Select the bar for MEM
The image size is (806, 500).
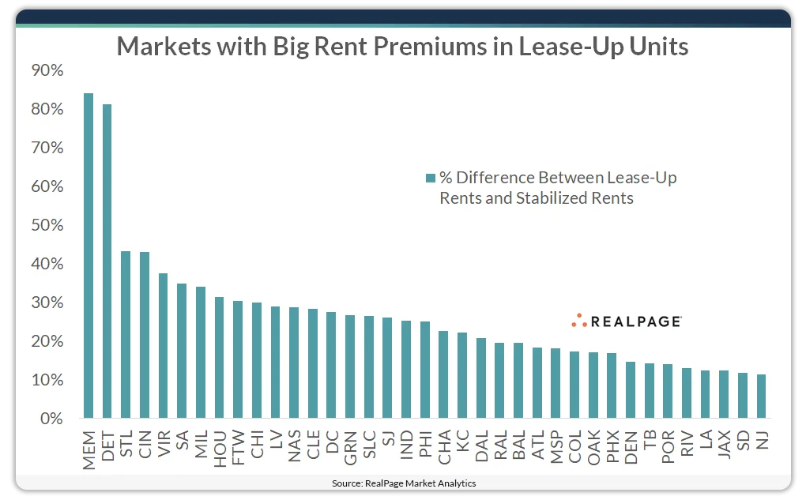point(89,256)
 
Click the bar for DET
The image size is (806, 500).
point(107,261)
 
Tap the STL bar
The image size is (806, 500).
point(126,335)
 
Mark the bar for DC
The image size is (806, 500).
point(331,365)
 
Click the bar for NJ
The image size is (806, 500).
point(762,397)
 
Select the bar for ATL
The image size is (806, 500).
point(537,383)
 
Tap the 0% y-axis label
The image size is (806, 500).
point(50,419)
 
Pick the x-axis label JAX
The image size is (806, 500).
point(724,444)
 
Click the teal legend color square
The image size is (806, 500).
point(430,178)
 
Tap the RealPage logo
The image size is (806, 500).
point(626,321)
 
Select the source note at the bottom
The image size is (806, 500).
point(403,483)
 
